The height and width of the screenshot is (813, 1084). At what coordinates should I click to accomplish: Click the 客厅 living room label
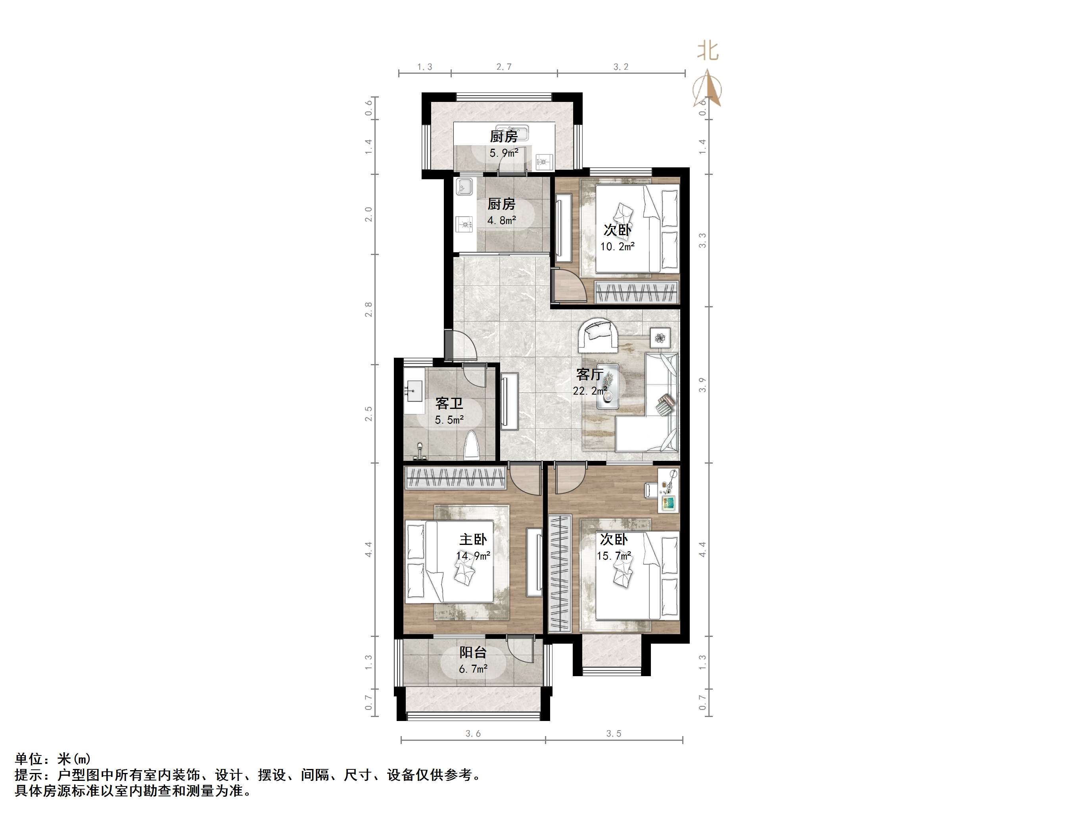click(589, 374)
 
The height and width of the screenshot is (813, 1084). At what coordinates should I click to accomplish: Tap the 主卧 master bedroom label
click(473, 539)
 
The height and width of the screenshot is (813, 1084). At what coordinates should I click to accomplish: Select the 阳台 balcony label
click(473, 652)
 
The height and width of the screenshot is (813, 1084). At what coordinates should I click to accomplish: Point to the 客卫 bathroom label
click(449, 404)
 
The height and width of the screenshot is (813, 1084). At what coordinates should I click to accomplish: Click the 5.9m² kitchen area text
click(504, 153)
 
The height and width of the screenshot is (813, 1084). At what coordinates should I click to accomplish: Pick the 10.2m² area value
click(618, 247)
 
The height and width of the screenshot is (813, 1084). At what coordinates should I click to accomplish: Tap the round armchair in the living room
click(597, 336)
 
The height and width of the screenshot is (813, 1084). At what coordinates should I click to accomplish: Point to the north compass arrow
click(707, 88)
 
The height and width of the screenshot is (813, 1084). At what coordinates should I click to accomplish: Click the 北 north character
click(708, 50)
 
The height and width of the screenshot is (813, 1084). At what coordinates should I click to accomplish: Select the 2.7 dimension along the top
click(504, 67)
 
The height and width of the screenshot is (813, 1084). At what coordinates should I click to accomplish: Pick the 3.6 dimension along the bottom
click(473, 734)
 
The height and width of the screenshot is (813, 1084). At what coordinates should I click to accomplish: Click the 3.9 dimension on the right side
click(703, 385)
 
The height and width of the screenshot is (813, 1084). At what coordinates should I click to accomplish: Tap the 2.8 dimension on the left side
click(368, 309)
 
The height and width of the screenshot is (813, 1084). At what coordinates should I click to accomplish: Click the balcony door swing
click(520, 649)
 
